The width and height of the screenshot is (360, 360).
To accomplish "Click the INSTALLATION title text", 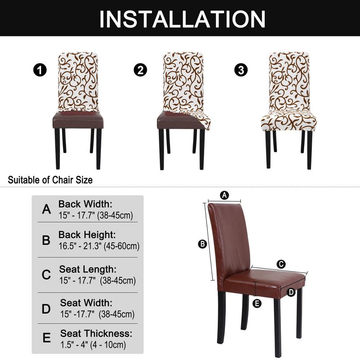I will tap(182, 19).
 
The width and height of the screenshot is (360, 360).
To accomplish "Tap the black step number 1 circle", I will tap(40, 70).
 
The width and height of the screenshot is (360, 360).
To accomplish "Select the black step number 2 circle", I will tap(140, 70).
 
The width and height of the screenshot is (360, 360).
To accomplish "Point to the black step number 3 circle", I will tap(242, 70).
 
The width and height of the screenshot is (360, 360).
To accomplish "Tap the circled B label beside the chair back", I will tap(202, 244).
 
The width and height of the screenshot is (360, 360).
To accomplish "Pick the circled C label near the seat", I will tap(281, 264).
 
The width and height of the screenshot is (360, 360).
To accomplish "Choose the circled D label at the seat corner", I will tap(291, 292).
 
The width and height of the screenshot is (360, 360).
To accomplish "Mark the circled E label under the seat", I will tap(257, 304).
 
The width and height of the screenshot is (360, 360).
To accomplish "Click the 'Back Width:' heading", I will tap(85, 204).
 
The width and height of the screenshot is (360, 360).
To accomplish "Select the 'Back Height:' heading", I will tap(87, 235).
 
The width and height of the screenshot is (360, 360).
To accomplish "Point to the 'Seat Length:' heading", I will tap(88, 270).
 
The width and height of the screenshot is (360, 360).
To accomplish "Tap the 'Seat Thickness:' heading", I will tap(96, 333).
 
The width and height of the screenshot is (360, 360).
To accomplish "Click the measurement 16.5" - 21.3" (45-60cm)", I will tap(99, 246).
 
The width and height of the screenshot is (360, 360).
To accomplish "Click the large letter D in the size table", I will tap(46, 309).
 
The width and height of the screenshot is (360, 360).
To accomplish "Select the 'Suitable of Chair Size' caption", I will tap(51, 180).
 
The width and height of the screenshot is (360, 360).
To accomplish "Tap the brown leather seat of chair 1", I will tap(78, 120).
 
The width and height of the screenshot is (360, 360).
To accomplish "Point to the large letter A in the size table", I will tap(46, 209).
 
